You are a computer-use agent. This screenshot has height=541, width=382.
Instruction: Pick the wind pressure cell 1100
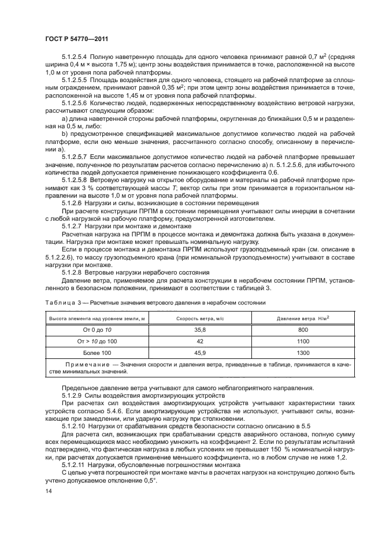pos(303,341)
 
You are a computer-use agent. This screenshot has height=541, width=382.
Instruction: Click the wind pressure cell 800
pos(303,330)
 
